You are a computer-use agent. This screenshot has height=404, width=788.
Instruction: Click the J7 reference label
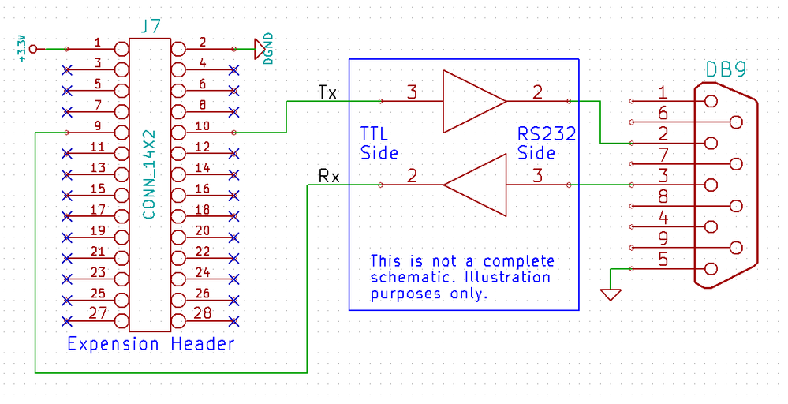[151, 26]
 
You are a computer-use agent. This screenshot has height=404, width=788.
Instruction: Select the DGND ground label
[269, 49]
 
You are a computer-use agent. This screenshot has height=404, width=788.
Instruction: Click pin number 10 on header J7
[202, 125]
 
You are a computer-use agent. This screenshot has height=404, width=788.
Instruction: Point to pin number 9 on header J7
[98, 125]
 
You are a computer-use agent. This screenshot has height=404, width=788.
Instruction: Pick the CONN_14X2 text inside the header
[149, 175]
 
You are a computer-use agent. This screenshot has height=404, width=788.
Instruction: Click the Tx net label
[327, 92]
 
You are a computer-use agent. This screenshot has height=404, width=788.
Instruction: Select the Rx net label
[329, 177]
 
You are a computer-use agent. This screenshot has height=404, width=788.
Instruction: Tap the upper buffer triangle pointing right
[474, 102]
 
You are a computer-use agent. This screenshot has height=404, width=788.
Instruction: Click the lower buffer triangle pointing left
[474, 185]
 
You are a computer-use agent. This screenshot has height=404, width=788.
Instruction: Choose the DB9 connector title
[726, 70]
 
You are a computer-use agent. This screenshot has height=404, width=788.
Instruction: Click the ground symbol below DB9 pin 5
[611, 294]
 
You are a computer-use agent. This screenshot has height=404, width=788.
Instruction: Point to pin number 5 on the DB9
[663, 260]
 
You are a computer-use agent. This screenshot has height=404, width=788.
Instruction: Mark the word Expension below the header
[113, 344]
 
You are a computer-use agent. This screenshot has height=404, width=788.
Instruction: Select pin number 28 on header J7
[202, 313]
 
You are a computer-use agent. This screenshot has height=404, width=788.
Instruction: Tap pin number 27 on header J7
[98, 313]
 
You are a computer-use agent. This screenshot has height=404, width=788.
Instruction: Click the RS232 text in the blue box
[547, 134]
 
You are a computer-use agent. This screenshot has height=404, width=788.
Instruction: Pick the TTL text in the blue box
[375, 134]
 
